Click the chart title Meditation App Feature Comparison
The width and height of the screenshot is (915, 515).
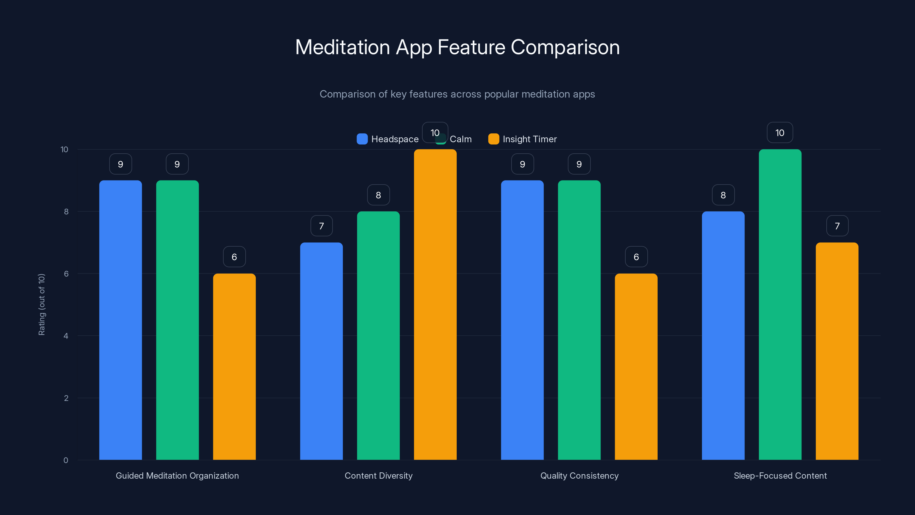457,47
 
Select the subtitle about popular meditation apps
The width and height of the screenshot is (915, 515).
457,94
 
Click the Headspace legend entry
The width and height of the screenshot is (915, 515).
388,139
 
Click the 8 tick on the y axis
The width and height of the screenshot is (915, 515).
66,211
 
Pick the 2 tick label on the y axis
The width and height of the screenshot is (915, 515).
66,398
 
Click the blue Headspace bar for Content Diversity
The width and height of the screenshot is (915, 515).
321,351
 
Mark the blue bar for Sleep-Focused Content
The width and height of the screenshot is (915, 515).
723,336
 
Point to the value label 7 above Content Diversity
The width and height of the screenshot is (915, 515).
321,226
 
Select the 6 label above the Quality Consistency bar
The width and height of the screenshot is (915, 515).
636,257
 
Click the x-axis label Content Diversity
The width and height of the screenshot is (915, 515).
378,476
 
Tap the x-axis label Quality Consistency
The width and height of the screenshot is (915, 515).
579,476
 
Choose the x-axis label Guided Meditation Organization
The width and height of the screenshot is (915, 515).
177,476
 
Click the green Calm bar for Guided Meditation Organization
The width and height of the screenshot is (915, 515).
177,320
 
